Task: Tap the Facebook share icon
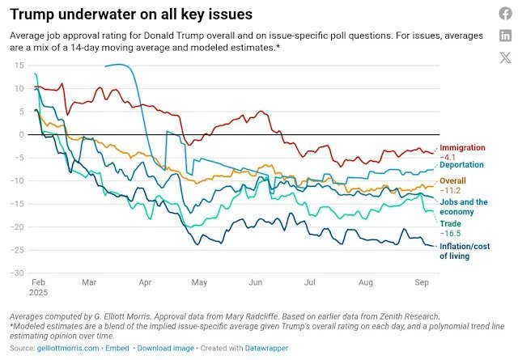505,14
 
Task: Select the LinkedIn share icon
505,35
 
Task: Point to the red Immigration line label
462,148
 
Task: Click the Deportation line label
461,164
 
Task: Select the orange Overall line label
452,180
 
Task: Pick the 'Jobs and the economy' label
463,206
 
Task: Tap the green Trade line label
450,222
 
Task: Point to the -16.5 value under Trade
449,232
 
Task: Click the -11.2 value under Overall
449,190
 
